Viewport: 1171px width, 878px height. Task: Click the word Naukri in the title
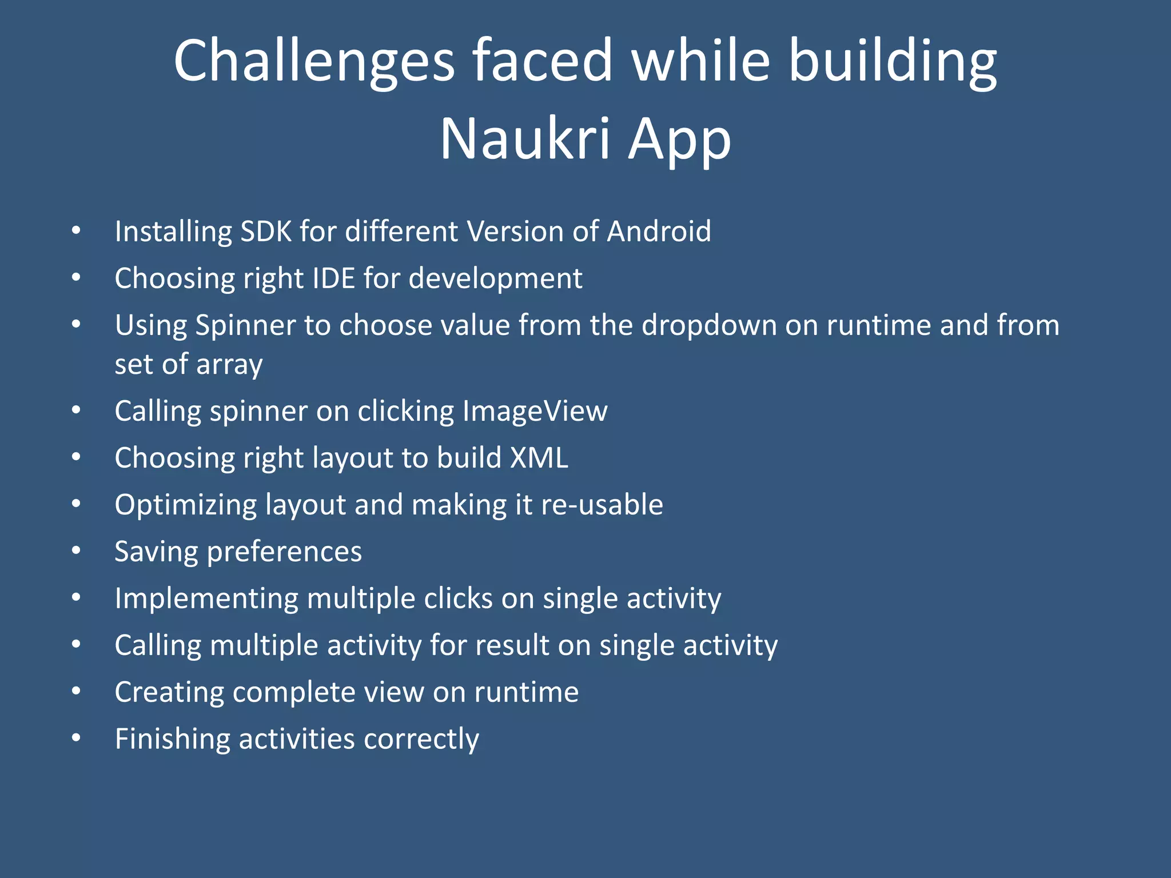click(x=525, y=139)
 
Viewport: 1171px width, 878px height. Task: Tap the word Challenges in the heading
click(x=314, y=61)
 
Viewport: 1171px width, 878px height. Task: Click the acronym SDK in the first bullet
click(x=266, y=232)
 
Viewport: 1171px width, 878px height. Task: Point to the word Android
click(x=659, y=232)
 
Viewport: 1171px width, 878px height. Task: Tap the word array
click(x=229, y=365)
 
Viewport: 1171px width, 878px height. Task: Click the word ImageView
click(x=535, y=411)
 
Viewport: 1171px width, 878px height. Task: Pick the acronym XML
click(x=539, y=458)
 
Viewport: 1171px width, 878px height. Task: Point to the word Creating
click(x=169, y=693)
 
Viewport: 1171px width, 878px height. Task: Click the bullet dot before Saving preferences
click(x=76, y=551)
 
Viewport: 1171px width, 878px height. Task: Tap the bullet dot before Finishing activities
click(x=76, y=738)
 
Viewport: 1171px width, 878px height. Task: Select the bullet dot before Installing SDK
click(x=76, y=231)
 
